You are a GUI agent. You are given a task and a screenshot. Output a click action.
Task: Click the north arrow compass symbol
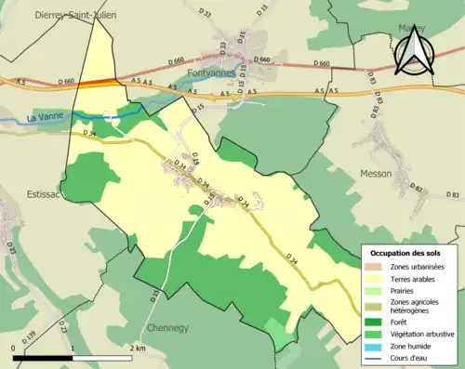coord(411,49)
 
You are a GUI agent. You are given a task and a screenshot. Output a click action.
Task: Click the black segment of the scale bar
coord(43,357)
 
